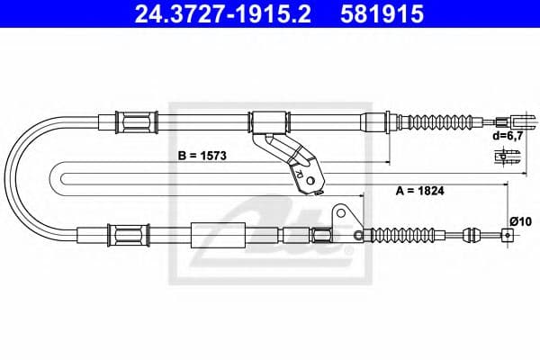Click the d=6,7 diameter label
click(x=507, y=136)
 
